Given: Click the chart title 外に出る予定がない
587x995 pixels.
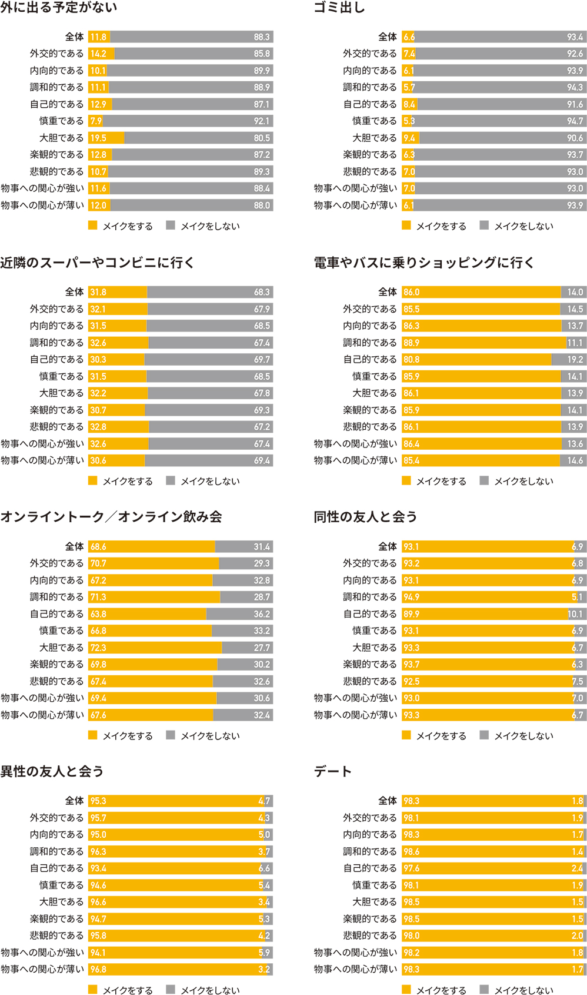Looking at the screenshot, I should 59,8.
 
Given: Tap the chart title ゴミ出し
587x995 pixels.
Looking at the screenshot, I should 339,8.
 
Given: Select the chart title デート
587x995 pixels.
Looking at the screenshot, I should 333,771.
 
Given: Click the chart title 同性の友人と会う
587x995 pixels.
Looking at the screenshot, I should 365,517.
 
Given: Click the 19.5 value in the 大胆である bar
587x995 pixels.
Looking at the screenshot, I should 98,138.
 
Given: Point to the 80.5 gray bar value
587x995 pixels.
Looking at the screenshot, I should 262,138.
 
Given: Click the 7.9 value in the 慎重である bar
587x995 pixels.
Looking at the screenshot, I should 96,121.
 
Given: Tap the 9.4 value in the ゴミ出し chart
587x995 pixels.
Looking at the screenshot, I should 409,138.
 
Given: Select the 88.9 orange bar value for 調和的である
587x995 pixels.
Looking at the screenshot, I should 412,343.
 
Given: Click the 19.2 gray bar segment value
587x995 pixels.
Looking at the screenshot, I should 575,359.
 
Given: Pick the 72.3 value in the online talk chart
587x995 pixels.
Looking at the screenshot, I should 98,648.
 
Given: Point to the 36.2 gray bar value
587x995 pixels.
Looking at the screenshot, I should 262,614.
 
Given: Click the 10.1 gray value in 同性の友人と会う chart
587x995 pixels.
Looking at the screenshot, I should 575,614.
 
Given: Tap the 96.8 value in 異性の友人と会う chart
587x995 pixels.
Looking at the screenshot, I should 98,969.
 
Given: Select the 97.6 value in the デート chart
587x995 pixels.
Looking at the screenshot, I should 412,868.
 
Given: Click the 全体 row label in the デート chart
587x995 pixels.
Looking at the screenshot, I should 388,801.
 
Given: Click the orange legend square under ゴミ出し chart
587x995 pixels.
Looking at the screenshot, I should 406,225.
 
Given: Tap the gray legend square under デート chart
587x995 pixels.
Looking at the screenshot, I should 484,989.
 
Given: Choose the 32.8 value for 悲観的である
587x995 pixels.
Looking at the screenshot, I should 98,427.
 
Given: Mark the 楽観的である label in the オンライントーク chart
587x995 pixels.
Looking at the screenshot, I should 57,664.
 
